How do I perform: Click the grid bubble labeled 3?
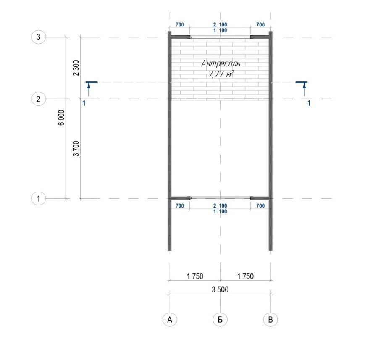tap(38, 37)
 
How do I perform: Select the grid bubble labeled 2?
tap(38, 99)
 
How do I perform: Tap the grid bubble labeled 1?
tap(38, 199)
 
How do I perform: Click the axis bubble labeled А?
tap(170, 320)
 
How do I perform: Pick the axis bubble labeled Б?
tap(220, 320)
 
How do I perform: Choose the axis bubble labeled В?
tap(270, 320)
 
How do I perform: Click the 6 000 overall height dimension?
tap(61, 118)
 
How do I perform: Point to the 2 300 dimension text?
tap(76, 68)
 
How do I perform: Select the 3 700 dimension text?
tap(76, 149)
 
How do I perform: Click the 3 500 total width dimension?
tap(220, 289)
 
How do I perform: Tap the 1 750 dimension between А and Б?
tap(195, 276)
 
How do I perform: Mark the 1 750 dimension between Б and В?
tap(245, 276)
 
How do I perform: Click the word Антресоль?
tap(221, 63)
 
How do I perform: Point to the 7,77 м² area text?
tap(221, 74)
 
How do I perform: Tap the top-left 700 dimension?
tap(180, 25)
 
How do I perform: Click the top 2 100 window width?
tap(220, 25)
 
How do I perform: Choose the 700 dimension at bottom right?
tap(260, 206)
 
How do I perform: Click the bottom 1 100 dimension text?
tap(220, 212)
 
